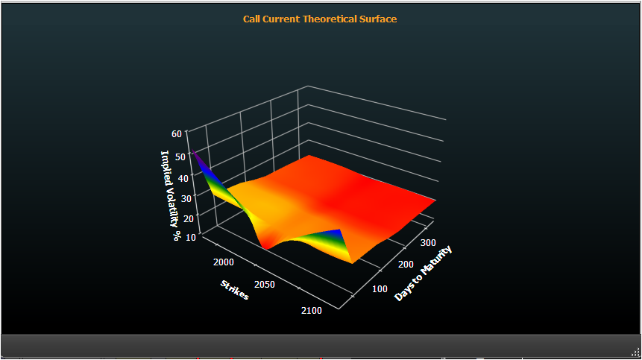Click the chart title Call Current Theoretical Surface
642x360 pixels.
[x=320, y=19]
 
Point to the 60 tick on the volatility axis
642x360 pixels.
[x=177, y=133]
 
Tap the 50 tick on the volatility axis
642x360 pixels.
[x=180, y=157]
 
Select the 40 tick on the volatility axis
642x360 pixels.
[x=183, y=178]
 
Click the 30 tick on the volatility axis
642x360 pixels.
[x=186, y=199]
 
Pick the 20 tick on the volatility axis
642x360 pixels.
[x=189, y=218]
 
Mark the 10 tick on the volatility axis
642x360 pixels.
[x=191, y=237]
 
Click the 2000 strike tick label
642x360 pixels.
[x=224, y=262]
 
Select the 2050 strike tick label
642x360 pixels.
[x=265, y=285]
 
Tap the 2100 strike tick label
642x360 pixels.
[x=312, y=311]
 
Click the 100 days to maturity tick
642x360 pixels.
[x=380, y=288]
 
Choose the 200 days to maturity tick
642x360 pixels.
[x=406, y=265]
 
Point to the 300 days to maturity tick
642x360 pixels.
[x=428, y=242]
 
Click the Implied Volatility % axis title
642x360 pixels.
[x=171, y=195]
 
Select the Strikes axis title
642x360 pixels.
[x=235, y=290]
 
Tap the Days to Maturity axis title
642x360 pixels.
[x=423, y=273]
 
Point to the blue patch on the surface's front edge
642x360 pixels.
[x=336, y=233]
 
